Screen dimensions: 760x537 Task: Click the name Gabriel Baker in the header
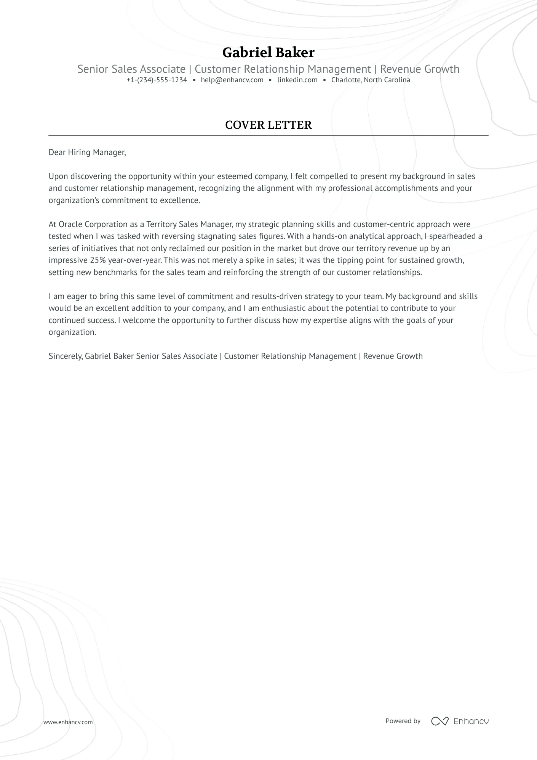268,53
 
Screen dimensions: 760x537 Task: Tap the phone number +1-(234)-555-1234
157,80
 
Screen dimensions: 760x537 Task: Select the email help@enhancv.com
232,80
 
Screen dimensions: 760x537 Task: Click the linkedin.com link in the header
297,80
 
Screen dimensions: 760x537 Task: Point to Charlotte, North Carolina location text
370,80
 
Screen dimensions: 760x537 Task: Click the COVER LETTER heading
268,125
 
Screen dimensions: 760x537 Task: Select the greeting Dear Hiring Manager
87,152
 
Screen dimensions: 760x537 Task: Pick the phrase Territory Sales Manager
189,224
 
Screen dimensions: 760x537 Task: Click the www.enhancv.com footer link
68,722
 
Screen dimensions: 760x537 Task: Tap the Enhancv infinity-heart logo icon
440,721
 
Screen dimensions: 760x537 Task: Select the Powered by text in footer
403,721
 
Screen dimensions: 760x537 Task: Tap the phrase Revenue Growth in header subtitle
420,69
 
